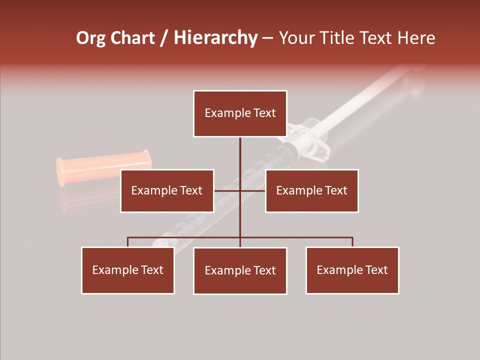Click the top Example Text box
pyautogui.click(x=240, y=113)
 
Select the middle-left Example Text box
pyautogui.click(x=167, y=191)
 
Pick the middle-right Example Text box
pyautogui.click(x=311, y=191)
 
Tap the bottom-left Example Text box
pyautogui.click(x=128, y=270)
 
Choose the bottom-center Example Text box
pyautogui.click(x=240, y=271)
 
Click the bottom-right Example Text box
pyautogui.click(x=352, y=270)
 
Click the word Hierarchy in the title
pyautogui.click(x=215, y=38)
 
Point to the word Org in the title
pyautogui.click(x=90, y=38)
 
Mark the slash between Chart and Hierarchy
pyautogui.click(x=164, y=38)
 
